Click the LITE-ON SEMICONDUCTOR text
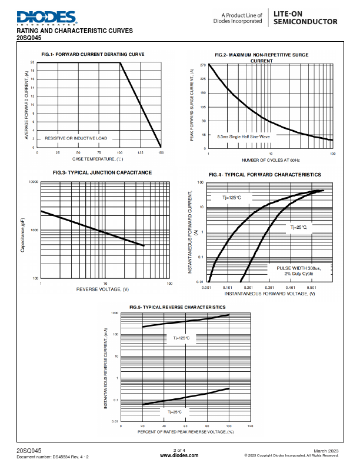[305, 17]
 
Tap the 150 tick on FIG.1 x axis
[161, 152]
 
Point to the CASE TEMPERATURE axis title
[98, 159]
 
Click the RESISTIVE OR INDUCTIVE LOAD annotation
[76, 138]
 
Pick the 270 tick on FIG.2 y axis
[202, 65]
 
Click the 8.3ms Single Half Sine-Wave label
[244, 136]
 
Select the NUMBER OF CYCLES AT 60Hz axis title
[271, 160]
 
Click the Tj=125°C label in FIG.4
[231, 198]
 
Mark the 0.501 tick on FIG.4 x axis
[312, 288]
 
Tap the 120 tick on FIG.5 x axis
[250, 426]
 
